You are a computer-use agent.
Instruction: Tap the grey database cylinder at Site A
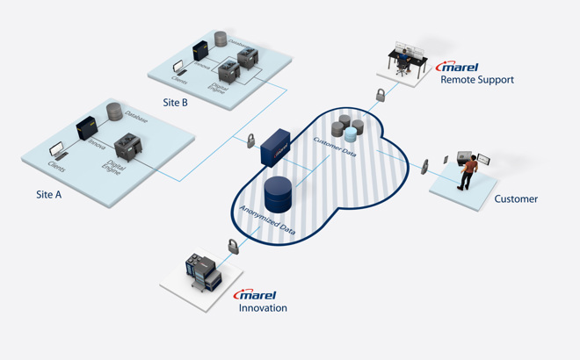click(x=113, y=112)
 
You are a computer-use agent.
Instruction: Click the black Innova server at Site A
click(x=88, y=129)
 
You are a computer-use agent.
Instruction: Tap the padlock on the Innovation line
click(x=233, y=246)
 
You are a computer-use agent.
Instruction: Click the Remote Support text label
click(x=477, y=80)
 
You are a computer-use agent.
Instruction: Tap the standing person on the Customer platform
click(x=469, y=170)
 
